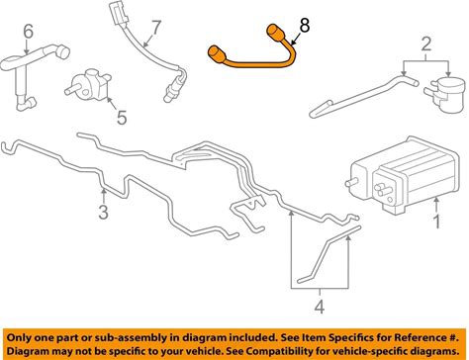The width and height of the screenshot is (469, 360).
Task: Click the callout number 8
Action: point(305,26)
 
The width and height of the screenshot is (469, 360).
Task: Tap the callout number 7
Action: point(156,28)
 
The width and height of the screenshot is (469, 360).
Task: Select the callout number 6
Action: point(29,32)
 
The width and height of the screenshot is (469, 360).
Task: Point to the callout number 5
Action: point(122,118)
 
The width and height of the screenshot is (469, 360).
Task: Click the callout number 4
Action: point(320,307)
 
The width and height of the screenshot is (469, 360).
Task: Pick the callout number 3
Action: point(103,212)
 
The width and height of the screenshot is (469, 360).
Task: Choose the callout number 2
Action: point(426,44)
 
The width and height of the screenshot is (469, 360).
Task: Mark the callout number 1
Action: point(436,222)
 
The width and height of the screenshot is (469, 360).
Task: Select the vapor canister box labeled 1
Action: point(403,175)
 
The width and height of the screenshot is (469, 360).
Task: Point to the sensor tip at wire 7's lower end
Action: point(168,95)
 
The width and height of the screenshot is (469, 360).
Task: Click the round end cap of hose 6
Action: point(62,52)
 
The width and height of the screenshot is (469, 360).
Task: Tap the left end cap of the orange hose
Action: point(217,54)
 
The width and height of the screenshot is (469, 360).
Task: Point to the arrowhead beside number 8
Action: point(292,44)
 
